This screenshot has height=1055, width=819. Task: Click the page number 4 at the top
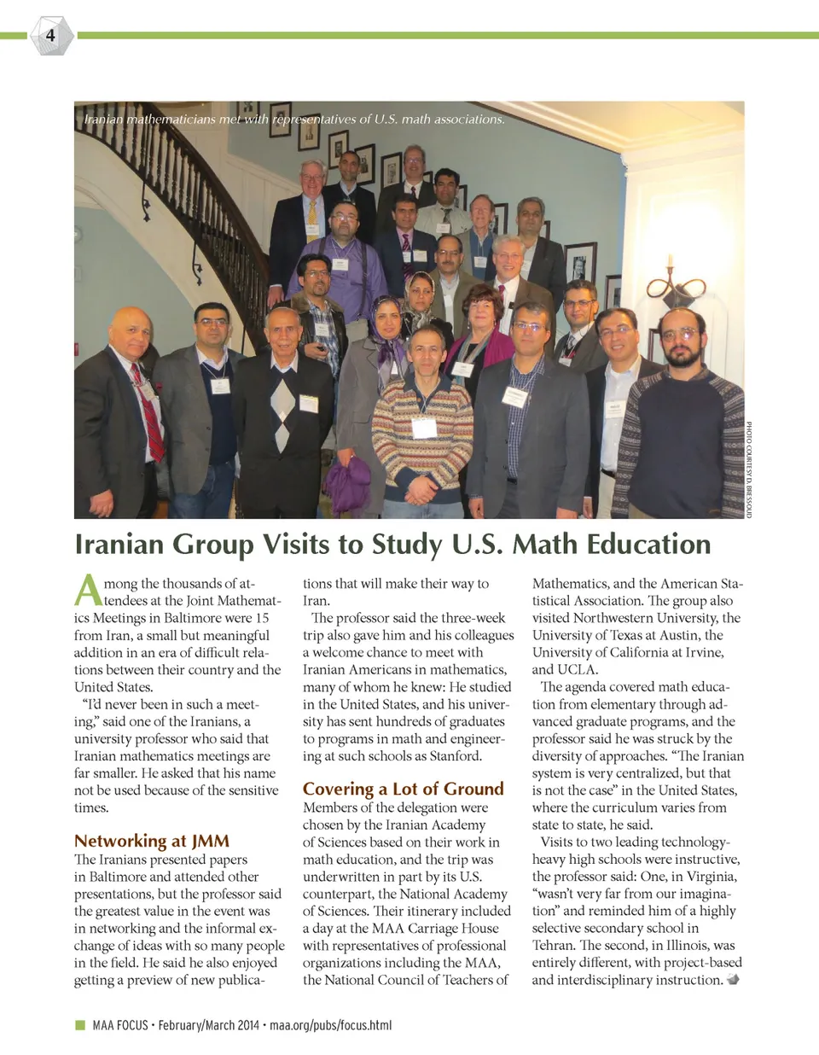point(50,35)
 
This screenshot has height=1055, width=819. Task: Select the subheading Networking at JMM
point(152,841)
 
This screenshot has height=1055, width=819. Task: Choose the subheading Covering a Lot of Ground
point(403,789)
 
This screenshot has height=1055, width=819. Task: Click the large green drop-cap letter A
point(88,590)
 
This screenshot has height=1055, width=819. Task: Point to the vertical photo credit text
point(750,469)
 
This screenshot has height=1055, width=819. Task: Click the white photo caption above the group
point(294,119)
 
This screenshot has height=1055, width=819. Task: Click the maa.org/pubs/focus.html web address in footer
point(330,1025)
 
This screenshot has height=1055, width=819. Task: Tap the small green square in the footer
point(80,1025)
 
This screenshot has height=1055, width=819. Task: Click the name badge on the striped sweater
point(424,427)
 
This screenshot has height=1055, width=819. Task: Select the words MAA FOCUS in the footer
point(120,1025)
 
